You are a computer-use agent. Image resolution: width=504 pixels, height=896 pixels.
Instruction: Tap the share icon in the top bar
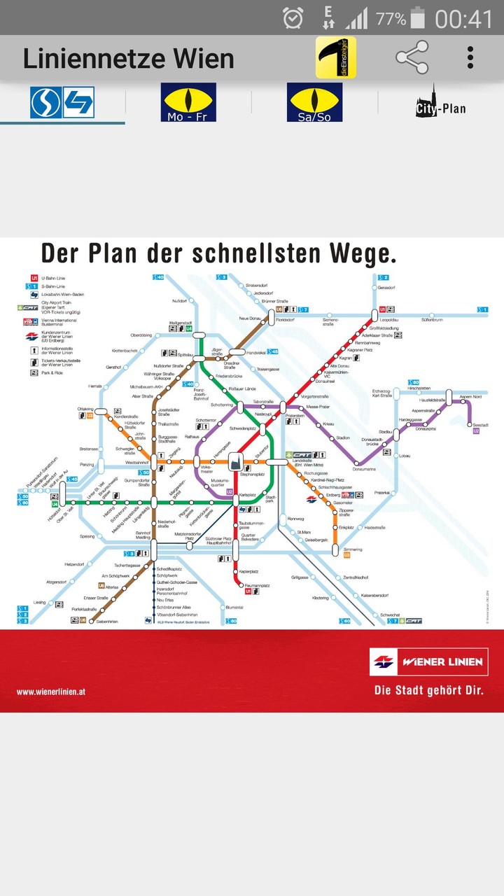(x=412, y=57)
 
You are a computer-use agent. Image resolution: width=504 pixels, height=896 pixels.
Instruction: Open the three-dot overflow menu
(x=470, y=57)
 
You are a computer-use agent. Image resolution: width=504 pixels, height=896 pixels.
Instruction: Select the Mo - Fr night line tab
(x=188, y=102)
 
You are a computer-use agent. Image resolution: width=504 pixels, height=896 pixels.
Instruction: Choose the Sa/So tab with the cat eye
(x=314, y=102)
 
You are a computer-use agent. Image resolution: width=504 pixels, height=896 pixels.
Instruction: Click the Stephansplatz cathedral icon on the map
(x=236, y=461)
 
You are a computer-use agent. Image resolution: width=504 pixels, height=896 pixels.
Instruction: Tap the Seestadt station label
(x=479, y=425)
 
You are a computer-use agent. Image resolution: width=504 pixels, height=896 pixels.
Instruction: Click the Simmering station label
(x=353, y=549)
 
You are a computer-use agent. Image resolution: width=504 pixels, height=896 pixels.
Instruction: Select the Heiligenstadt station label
(x=180, y=323)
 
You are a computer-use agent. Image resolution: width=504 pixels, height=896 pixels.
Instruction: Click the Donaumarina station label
(x=364, y=468)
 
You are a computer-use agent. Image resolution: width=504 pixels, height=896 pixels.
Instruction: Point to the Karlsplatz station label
(x=247, y=495)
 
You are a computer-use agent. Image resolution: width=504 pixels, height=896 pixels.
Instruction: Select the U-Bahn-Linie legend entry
(x=53, y=278)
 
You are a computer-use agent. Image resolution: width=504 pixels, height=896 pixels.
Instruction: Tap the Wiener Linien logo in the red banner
(x=428, y=661)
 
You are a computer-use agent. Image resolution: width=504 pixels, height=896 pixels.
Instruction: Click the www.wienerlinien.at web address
(x=51, y=692)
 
